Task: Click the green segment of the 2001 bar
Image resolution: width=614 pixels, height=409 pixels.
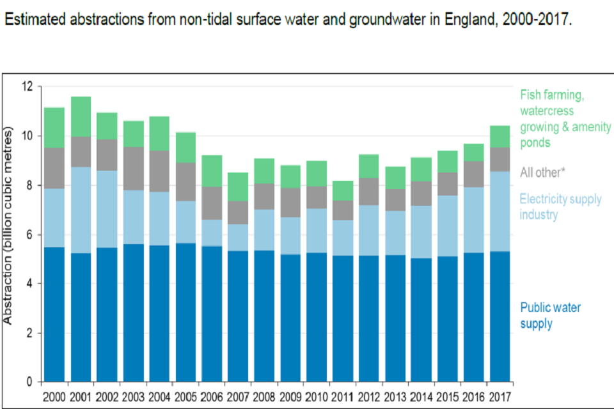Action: pyautogui.click(x=81, y=117)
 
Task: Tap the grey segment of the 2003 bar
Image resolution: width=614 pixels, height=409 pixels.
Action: pyautogui.click(x=133, y=169)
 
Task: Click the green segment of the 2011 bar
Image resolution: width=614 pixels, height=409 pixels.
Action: pyautogui.click(x=343, y=191)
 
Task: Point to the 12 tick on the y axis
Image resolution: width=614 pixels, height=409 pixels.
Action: pyautogui.click(x=27, y=86)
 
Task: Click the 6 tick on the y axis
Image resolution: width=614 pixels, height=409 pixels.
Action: pyautogui.click(x=29, y=235)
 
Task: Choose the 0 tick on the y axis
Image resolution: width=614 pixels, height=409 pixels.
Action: pyautogui.click(x=29, y=382)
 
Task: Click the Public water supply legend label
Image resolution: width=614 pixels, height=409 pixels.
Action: pyautogui.click(x=550, y=316)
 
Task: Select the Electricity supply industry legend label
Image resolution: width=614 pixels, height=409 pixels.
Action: pyautogui.click(x=560, y=206)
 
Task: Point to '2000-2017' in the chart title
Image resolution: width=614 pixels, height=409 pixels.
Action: pyautogui.click(x=537, y=19)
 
